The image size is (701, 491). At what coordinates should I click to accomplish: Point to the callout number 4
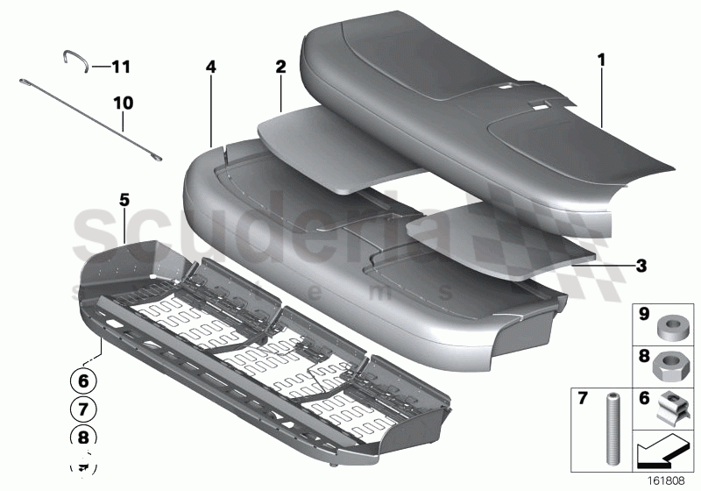210,67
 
